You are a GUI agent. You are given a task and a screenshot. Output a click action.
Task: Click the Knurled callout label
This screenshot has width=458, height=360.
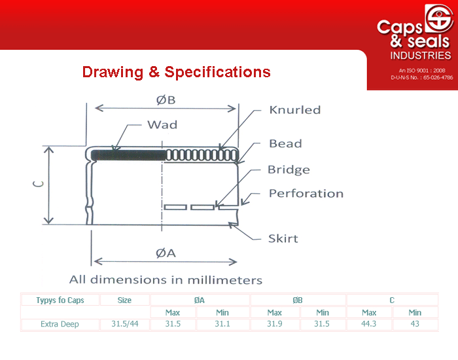click(x=294, y=110)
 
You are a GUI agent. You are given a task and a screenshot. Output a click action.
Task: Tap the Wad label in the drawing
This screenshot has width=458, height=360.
click(x=162, y=125)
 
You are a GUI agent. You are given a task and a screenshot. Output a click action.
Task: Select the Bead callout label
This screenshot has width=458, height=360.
click(x=285, y=143)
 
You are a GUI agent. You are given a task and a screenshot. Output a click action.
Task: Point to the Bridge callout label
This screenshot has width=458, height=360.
click(x=289, y=170)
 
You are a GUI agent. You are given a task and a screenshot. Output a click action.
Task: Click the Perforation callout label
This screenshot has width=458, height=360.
click(x=306, y=194)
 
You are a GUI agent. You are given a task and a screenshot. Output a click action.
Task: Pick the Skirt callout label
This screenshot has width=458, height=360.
click(x=283, y=238)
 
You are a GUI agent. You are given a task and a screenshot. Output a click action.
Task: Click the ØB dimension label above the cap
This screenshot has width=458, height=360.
click(x=166, y=100)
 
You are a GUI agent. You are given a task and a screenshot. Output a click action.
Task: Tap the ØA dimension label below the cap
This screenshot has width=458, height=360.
click(x=166, y=253)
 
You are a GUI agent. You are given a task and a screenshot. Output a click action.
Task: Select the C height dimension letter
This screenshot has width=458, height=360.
click(x=38, y=183)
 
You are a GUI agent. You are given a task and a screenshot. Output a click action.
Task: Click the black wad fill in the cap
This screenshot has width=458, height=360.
click(x=128, y=155)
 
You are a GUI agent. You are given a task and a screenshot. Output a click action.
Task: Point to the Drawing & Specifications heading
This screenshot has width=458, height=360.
click(x=177, y=72)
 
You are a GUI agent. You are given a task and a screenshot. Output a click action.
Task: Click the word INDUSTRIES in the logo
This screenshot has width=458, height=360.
click(x=421, y=56)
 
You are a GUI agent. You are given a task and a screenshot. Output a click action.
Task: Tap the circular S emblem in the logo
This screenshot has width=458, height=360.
click(x=438, y=18)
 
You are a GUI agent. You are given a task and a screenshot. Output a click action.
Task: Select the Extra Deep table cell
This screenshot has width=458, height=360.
click(x=60, y=324)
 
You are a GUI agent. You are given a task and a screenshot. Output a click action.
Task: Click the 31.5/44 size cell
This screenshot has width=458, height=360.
click(x=125, y=324)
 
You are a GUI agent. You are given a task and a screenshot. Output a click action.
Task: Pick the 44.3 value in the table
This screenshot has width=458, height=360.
click(x=368, y=324)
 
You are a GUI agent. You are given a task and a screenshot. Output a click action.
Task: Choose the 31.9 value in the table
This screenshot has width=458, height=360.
click(x=275, y=324)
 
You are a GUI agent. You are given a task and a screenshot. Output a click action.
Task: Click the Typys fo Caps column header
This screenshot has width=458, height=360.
click(x=60, y=300)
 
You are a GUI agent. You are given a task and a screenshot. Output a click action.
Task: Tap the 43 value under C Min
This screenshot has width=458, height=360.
click(x=415, y=324)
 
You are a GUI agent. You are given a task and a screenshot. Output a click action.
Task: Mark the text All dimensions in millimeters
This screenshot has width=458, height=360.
click(x=166, y=279)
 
